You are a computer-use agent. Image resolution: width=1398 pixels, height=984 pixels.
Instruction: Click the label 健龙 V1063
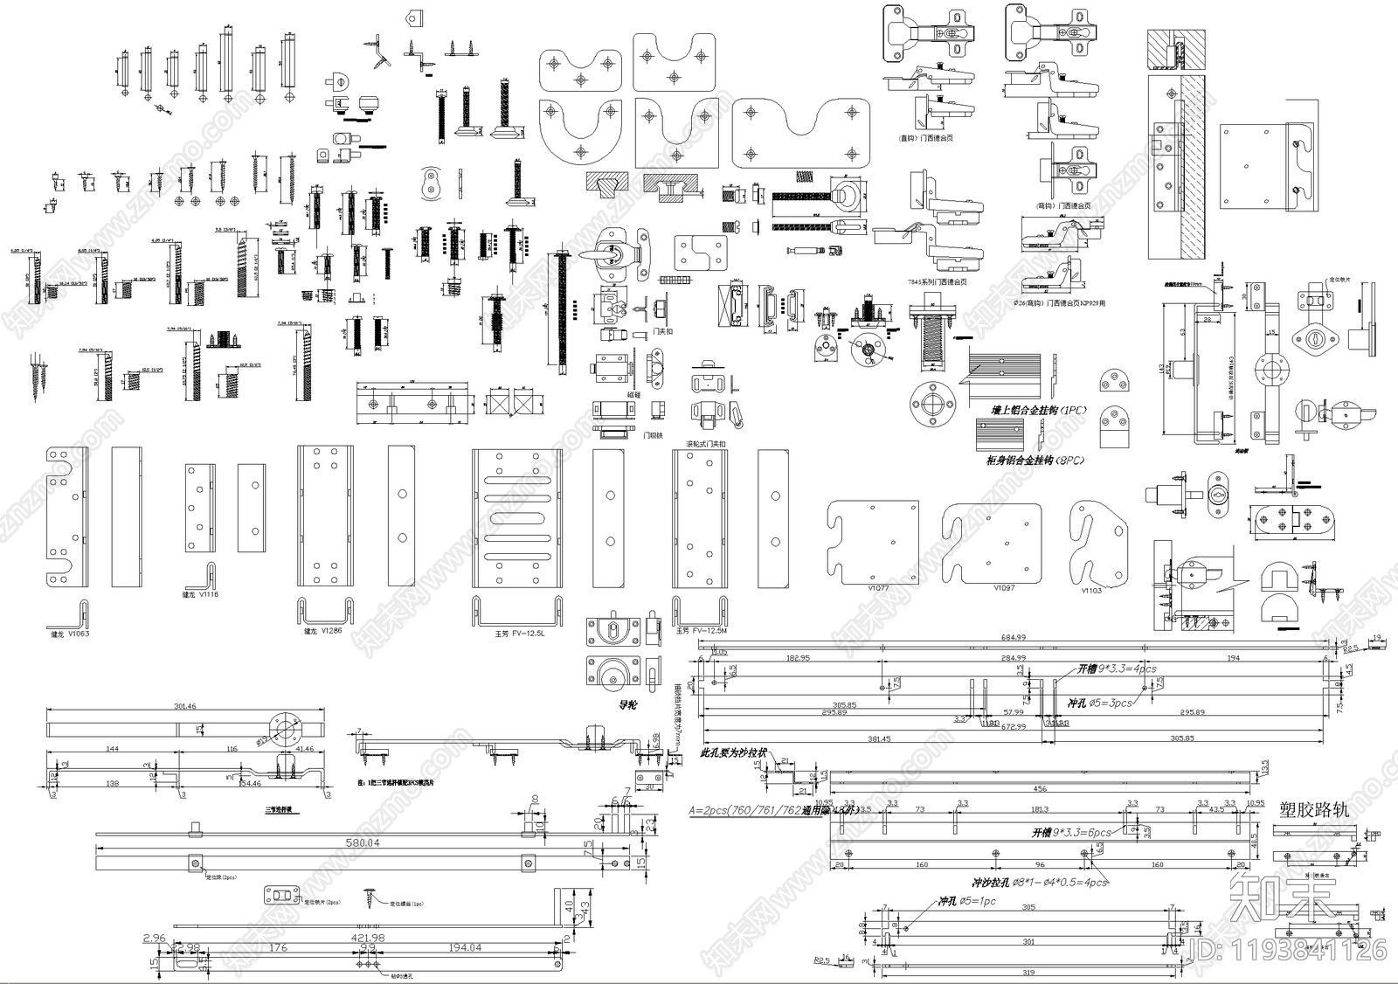[70, 634]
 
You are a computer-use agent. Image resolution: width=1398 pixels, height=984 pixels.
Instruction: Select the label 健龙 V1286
[322, 630]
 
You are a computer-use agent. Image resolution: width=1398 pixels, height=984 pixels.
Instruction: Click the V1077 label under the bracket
[878, 588]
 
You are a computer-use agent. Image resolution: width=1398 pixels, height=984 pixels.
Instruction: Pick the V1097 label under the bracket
[1004, 588]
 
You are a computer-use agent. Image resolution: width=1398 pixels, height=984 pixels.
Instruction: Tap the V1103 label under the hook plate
[1091, 591]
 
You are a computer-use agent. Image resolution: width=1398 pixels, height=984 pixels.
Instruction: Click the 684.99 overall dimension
[1013, 638]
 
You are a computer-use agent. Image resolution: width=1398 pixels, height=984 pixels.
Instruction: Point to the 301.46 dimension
[184, 706]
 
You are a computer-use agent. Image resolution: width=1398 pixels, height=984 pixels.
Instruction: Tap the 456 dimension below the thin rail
[1040, 789]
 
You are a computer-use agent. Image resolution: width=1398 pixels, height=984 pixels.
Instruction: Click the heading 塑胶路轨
[1313, 810]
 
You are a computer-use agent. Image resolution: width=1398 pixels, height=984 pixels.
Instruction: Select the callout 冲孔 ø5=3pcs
[1099, 702]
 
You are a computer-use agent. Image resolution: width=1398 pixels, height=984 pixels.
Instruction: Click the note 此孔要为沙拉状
[734, 752]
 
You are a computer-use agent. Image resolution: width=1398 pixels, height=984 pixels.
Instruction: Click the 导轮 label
[626, 704]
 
